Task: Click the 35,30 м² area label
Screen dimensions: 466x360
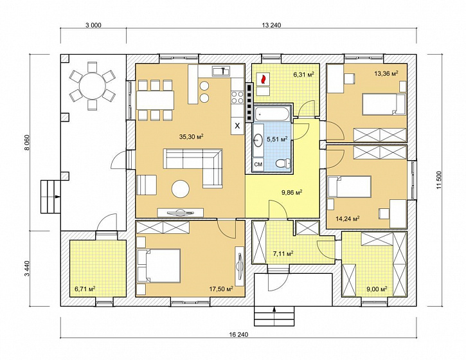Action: [x=191, y=136]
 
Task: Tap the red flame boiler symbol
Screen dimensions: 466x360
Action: [x=263, y=79]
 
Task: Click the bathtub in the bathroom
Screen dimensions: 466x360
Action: [x=271, y=114]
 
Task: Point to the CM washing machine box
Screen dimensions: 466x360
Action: [x=258, y=164]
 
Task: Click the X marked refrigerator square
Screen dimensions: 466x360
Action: [x=237, y=126]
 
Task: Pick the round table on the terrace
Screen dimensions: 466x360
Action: [x=93, y=86]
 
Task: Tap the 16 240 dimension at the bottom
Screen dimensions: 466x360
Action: [x=238, y=334]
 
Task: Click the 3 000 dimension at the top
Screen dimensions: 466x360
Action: [x=93, y=25]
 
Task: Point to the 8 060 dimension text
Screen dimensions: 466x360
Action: [x=27, y=143]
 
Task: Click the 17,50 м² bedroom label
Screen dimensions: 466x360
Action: [x=221, y=289]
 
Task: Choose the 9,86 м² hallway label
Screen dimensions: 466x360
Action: [x=292, y=192]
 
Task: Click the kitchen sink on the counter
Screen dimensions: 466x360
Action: [x=220, y=71]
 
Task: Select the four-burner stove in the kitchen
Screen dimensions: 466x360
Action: [x=237, y=97]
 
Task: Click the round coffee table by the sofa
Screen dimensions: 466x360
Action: [x=181, y=189]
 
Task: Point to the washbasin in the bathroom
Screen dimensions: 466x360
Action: [x=258, y=139]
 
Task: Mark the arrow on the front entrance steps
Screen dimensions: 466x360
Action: [x=274, y=309]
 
